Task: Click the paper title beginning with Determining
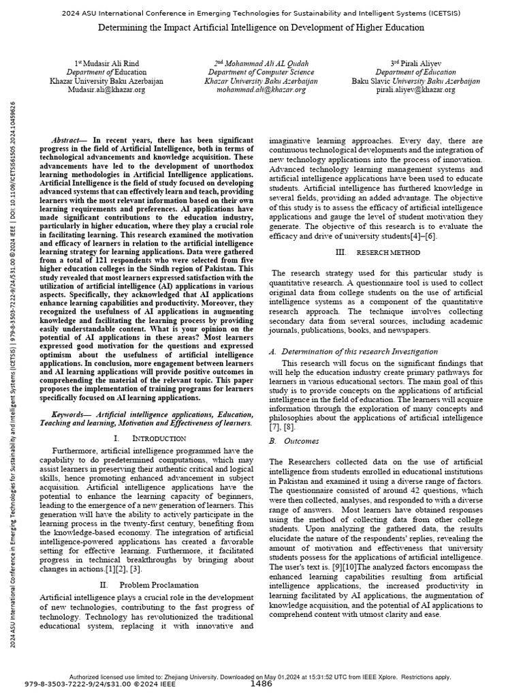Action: tap(261, 28)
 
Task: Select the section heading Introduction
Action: tap(157, 438)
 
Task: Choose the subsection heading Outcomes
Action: tap(300, 441)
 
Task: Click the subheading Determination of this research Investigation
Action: tap(358, 352)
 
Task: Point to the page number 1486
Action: tap(261, 683)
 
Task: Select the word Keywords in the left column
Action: tap(72, 414)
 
